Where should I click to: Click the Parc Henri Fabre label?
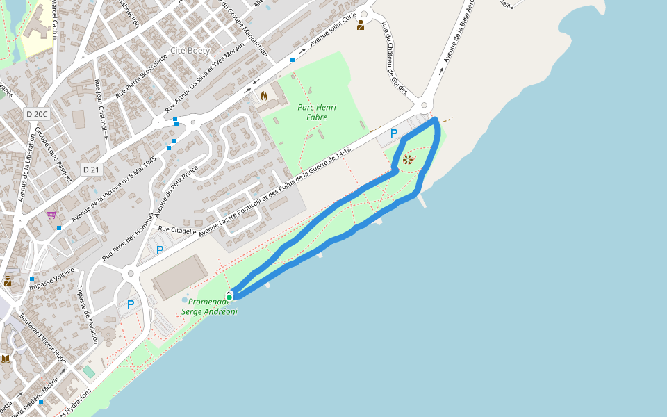coord(317,112)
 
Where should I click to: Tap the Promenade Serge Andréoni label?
coord(209,306)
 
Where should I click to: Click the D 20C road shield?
coord(37,114)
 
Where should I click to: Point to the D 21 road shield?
coord(91,170)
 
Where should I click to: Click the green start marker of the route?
coord(229,297)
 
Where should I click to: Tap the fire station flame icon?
coord(264,96)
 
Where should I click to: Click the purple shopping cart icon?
coord(51,215)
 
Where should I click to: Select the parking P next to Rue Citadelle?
coord(160,250)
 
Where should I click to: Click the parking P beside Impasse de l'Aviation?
coord(131,304)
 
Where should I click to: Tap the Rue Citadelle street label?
coord(178,229)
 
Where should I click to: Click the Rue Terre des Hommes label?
coord(128,237)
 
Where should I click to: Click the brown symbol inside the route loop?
coord(408,160)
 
